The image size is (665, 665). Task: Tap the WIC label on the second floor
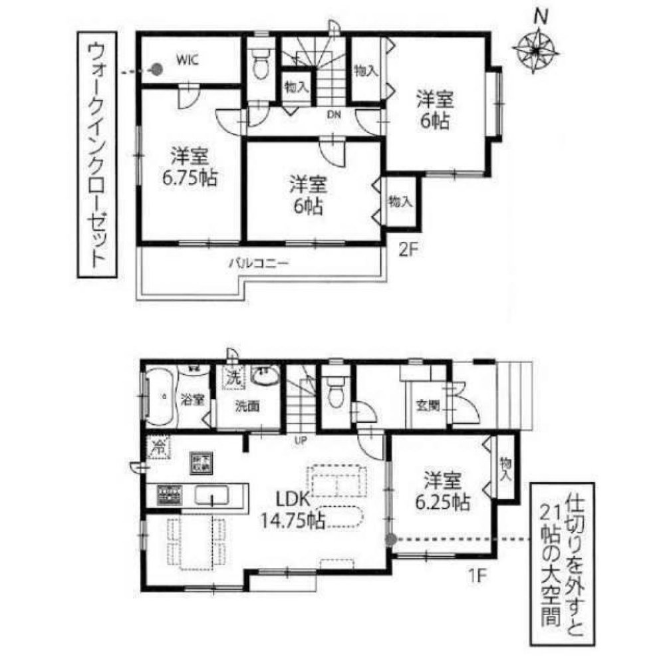coord(187,59)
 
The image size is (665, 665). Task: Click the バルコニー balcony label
coord(258,263)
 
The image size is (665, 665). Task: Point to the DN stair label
coord(333,114)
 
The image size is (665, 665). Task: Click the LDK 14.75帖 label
coord(297,509)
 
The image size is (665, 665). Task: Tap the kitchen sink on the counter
coord(212,495)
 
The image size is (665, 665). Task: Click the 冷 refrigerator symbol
coord(159,446)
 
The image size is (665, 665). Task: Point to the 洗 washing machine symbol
coord(234,376)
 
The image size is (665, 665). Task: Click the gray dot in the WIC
coord(157,69)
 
